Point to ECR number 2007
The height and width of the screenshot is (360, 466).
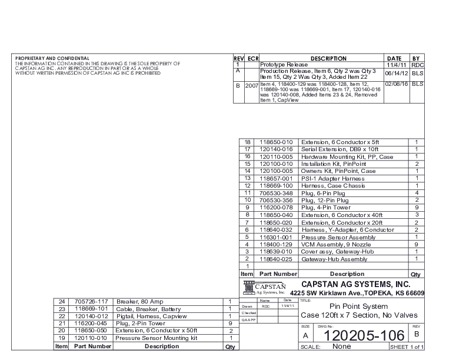point(251,85)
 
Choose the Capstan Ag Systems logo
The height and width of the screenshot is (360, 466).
point(264,288)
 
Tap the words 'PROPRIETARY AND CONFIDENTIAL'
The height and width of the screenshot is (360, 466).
point(52,59)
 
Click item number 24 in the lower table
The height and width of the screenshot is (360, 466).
point(61,302)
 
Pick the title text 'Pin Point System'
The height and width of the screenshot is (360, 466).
point(358,306)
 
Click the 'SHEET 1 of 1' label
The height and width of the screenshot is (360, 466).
point(407,347)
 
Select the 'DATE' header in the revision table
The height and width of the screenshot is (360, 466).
point(395,59)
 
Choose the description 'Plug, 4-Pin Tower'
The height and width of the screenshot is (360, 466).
point(325,208)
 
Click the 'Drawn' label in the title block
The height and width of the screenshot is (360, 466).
point(248,306)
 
